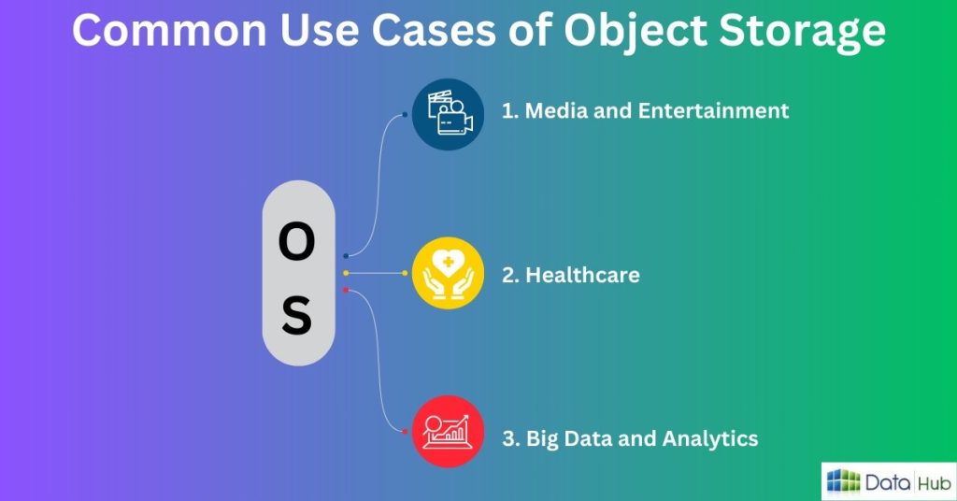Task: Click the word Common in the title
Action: click(x=170, y=30)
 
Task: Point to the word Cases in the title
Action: click(x=434, y=30)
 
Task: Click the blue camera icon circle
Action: click(x=448, y=114)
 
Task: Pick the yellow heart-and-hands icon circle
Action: click(x=448, y=273)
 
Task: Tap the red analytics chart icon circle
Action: click(x=448, y=432)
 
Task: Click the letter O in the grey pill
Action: click(x=296, y=242)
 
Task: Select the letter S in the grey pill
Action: click(x=297, y=315)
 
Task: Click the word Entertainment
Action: click(x=713, y=110)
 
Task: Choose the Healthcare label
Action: click(x=583, y=275)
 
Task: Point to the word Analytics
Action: click(x=710, y=438)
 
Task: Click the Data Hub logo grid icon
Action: click(x=844, y=481)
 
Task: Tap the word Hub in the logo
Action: click(x=935, y=482)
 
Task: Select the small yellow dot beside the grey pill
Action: click(x=346, y=273)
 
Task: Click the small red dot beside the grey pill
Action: click(x=346, y=290)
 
